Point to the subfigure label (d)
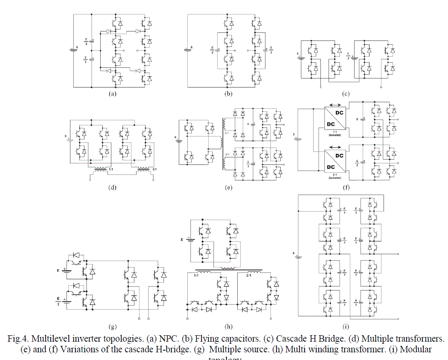(x=113, y=186)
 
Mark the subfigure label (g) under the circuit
(x=113, y=327)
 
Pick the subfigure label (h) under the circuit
(x=229, y=327)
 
